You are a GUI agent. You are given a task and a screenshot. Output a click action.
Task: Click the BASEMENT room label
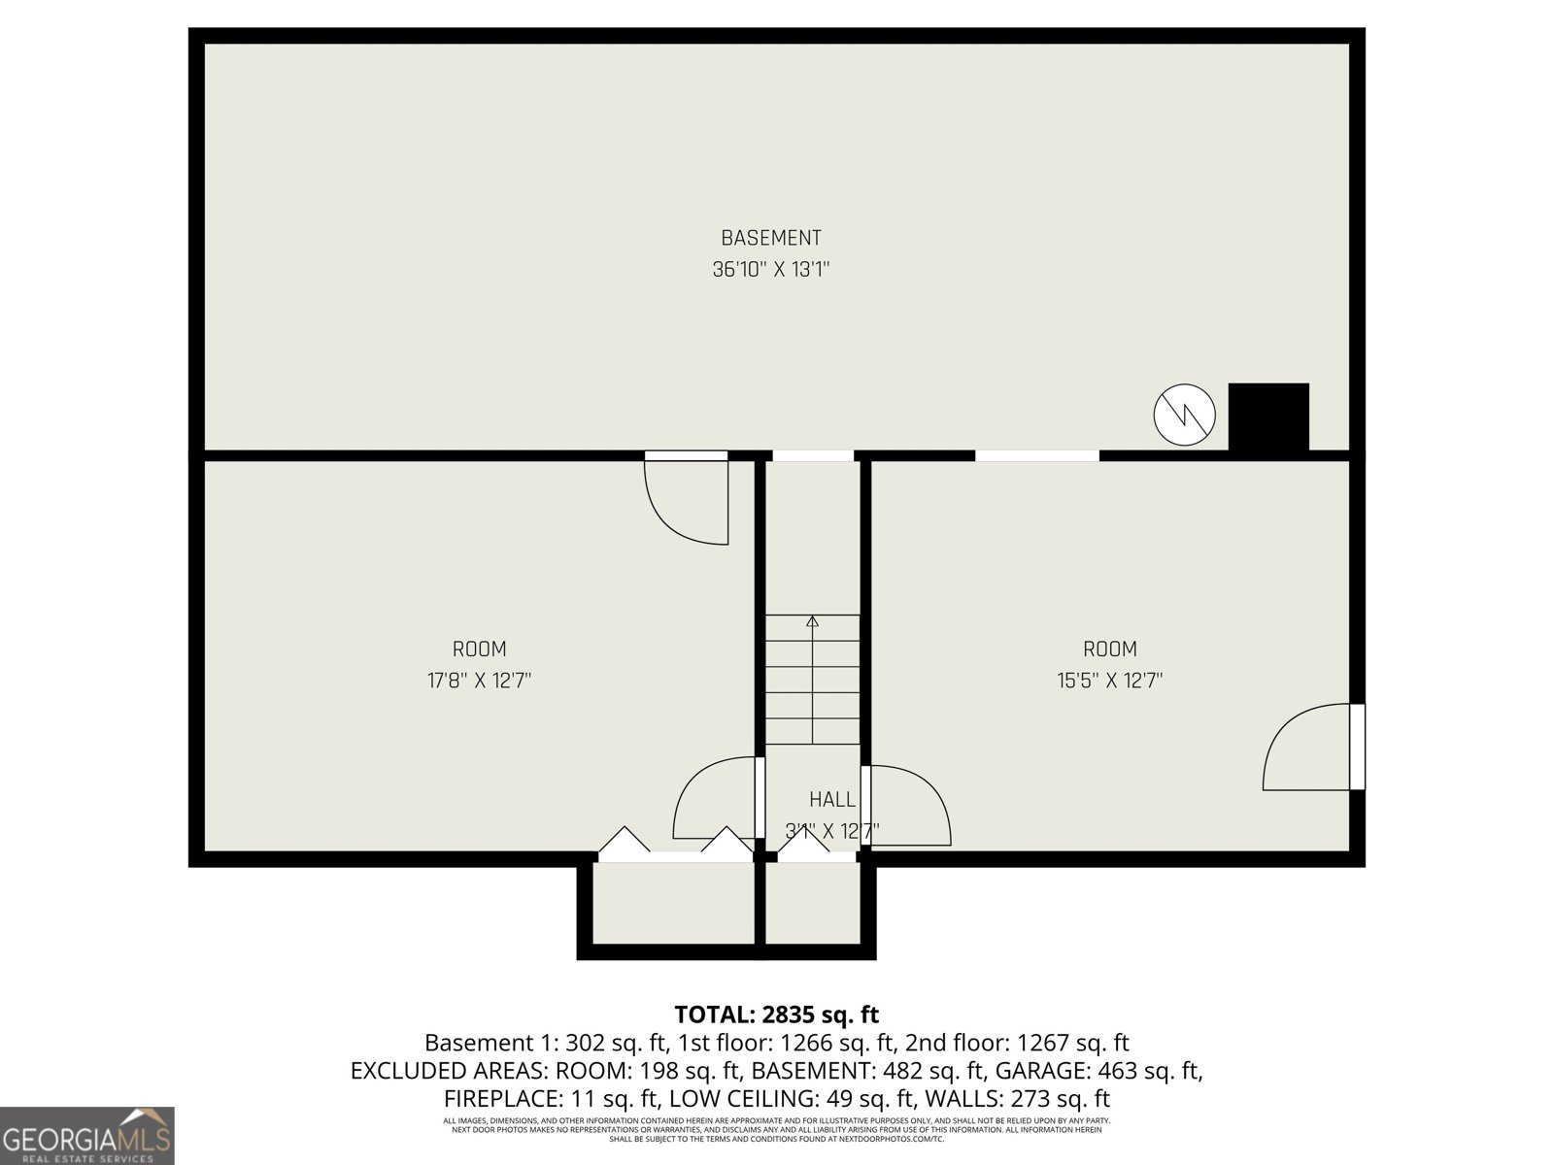point(770,238)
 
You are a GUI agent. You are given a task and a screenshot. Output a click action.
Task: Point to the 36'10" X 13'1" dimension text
point(770,270)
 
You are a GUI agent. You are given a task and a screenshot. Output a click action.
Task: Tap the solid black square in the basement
point(1267,416)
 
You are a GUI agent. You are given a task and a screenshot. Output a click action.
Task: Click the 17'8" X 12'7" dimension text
point(479,681)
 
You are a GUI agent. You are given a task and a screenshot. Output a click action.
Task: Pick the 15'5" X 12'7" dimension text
point(1109,681)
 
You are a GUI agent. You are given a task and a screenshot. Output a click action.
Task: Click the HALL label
point(832,799)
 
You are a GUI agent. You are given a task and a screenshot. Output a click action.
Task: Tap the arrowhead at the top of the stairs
point(813,620)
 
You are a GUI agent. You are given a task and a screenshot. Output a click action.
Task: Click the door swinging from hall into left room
point(715,798)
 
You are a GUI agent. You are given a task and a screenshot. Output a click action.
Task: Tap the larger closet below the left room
point(673,903)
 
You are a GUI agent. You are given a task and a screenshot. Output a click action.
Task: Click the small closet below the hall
point(812,903)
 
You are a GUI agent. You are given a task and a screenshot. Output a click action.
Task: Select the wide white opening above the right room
point(1036,455)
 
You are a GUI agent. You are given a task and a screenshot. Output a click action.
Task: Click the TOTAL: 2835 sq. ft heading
point(776,1015)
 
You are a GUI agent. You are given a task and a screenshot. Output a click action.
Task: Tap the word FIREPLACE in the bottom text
point(499,1099)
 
